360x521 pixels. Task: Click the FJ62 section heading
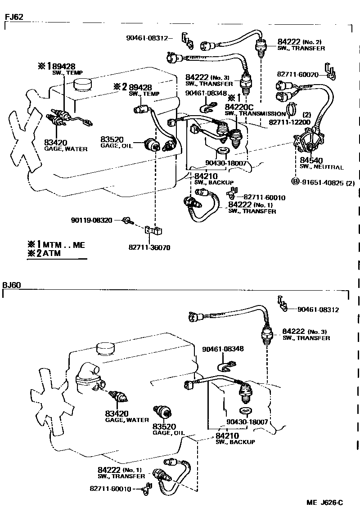13,17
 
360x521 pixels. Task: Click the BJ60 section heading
12,285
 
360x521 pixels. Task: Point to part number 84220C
239,107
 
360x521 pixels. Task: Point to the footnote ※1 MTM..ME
56,245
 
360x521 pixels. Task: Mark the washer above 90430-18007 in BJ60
246,411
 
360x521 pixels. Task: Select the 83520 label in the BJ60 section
163,426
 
